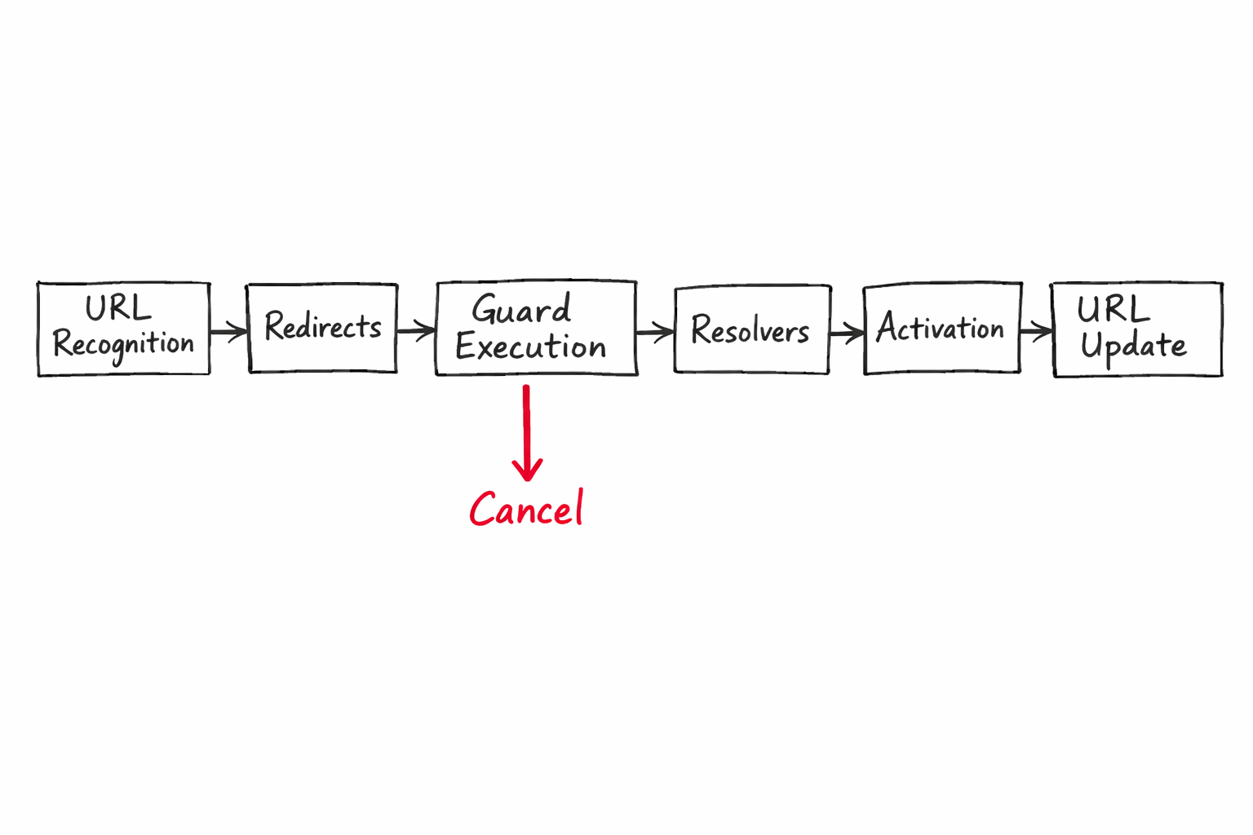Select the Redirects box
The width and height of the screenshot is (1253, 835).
pyautogui.click(x=323, y=328)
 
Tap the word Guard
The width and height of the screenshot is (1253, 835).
pyautogui.click(x=521, y=311)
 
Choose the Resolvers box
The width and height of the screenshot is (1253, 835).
pyautogui.click(x=751, y=330)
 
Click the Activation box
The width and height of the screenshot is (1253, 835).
pyautogui.click(x=942, y=329)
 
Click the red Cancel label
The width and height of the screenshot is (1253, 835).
pyautogui.click(x=526, y=510)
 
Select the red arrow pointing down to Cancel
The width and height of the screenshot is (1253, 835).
pyautogui.click(x=527, y=432)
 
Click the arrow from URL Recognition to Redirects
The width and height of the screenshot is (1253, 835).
pyautogui.click(x=228, y=332)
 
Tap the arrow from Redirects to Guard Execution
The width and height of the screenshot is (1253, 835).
pyautogui.click(x=416, y=331)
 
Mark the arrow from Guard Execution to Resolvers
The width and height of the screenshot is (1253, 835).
pyautogui.click(x=655, y=332)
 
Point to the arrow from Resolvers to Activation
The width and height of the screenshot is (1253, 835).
pyautogui.click(x=847, y=333)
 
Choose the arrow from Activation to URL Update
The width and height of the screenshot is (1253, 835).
pyautogui.click(x=1036, y=331)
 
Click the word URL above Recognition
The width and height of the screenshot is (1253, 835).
pyautogui.click(x=118, y=309)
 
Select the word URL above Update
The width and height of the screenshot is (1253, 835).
pyautogui.click(x=1113, y=311)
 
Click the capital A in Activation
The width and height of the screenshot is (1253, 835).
pyautogui.click(x=888, y=328)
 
